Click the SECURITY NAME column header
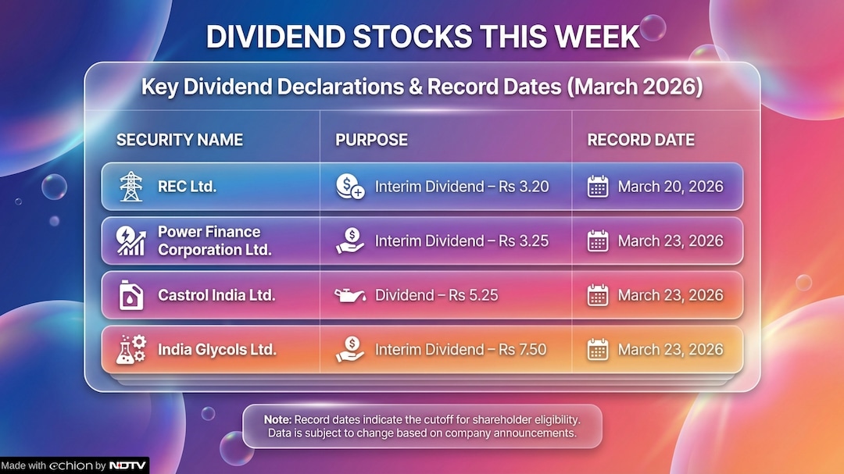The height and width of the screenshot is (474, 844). [180, 141]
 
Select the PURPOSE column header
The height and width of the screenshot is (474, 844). [371, 141]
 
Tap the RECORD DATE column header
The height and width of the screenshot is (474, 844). [641, 141]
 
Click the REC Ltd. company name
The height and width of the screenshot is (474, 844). [187, 187]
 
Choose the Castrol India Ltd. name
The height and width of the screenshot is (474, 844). [216, 295]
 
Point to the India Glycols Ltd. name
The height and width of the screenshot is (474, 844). [216, 350]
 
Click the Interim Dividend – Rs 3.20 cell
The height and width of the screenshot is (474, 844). [461, 187]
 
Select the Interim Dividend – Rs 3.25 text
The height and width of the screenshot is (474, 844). [461, 241]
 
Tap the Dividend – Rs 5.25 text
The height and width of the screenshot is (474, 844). [436, 295]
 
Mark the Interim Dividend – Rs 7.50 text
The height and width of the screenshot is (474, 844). [461, 350]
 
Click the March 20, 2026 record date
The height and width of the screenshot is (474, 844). [671, 187]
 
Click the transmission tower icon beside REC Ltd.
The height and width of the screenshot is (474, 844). [131, 187]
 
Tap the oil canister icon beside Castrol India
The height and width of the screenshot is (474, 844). [131, 295]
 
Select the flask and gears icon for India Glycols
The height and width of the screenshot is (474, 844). [131, 349]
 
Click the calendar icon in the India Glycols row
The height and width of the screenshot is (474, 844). [598, 349]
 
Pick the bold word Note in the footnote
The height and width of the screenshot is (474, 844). [277, 419]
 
